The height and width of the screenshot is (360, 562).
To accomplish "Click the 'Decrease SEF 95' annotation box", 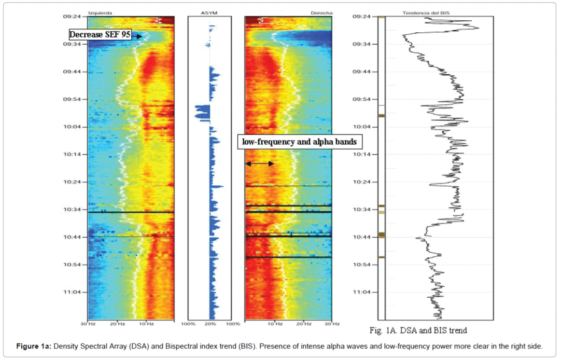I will pos(100,35).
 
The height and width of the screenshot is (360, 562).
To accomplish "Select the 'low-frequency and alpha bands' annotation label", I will pos(299,142).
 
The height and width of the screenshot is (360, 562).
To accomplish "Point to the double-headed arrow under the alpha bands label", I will pos(260,164).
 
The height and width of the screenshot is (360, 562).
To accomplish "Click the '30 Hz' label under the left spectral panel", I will pos(88,324).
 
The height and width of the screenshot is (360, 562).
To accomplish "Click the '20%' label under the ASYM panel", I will pos(210,324).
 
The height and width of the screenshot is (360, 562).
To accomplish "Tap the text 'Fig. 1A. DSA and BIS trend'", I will pos(418,331).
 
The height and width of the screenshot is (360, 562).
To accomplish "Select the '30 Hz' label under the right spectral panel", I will pos(332,324).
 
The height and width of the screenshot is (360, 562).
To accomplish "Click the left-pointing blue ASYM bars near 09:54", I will pos(202,112).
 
